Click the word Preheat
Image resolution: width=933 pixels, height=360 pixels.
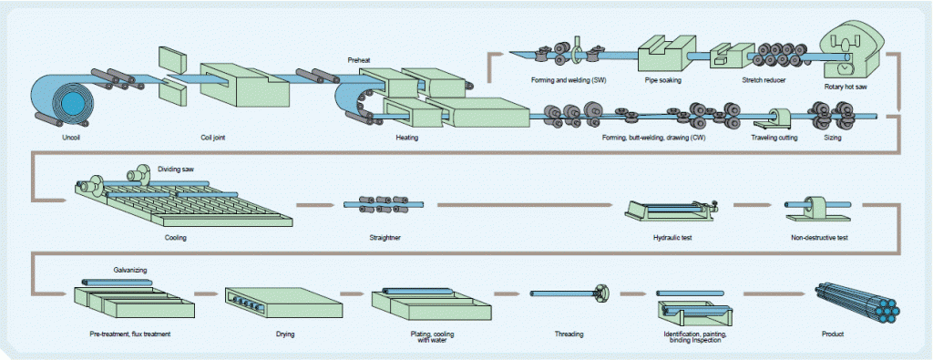pyautogui.click(x=360, y=60)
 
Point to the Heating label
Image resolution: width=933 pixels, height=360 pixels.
pyautogui.click(x=406, y=139)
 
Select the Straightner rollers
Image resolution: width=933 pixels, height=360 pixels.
pyautogui.click(x=372, y=205)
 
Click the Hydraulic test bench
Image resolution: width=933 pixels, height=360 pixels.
pyautogui.click(x=672, y=212)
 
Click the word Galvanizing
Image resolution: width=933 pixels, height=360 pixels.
pyautogui.click(x=130, y=269)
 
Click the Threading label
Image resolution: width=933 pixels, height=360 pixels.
pyautogui.click(x=569, y=334)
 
